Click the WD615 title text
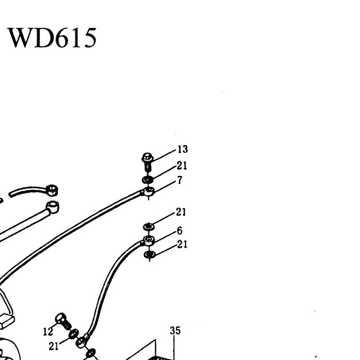click(x=52, y=38)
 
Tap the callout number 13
click(x=183, y=149)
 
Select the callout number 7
click(x=179, y=180)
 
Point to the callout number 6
click(x=179, y=231)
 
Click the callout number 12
click(x=48, y=332)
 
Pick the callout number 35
click(x=175, y=331)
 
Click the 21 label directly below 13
click(x=182, y=165)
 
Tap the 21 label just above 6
click(x=181, y=212)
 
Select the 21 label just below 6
click(x=182, y=244)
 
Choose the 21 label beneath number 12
click(x=54, y=346)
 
